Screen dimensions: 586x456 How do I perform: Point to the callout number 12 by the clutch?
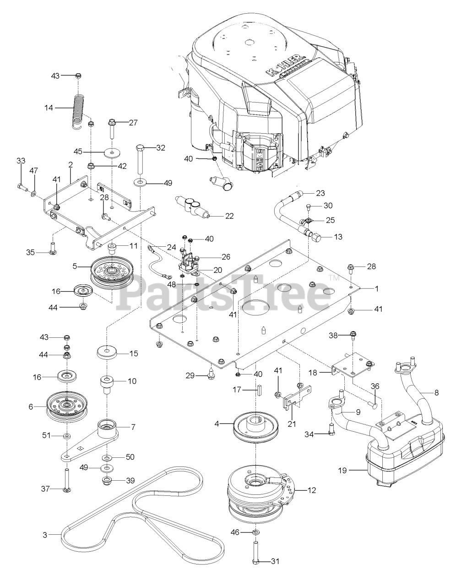312,490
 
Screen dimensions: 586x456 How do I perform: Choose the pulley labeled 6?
67,406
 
